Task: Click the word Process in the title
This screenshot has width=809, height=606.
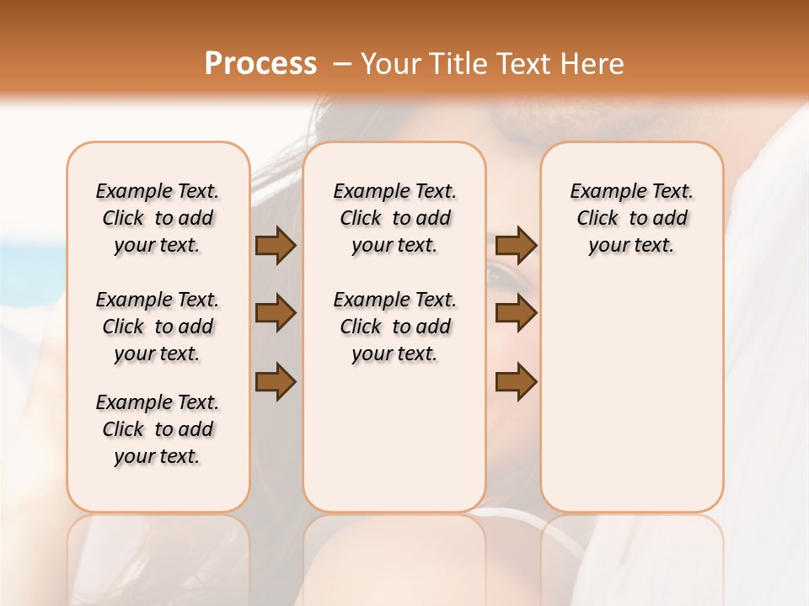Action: [x=260, y=64]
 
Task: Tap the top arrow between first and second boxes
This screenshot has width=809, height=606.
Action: [x=276, y=245]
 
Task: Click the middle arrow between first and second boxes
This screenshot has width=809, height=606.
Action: [x=276, y=313]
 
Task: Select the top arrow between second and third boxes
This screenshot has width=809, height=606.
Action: [x=516, y=245]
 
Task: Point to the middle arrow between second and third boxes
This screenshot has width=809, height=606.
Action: [x=516, y=313]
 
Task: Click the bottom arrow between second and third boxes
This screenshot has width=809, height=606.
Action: [x=516, y=382]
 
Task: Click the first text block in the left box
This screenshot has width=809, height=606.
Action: [x=158, y=218]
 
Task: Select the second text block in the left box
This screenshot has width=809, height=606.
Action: [x=158, y=327]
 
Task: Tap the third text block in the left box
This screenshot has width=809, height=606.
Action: [x=158, y=429]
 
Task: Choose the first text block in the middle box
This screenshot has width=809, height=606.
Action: [x=394, y=218]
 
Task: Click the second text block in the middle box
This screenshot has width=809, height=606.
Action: [x=394, y=327]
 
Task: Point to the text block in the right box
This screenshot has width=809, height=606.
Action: [x=631, y=218]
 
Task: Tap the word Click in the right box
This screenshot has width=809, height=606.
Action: [x=597, y=218]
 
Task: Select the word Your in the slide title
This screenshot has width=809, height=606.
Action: [x=391, y=64]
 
